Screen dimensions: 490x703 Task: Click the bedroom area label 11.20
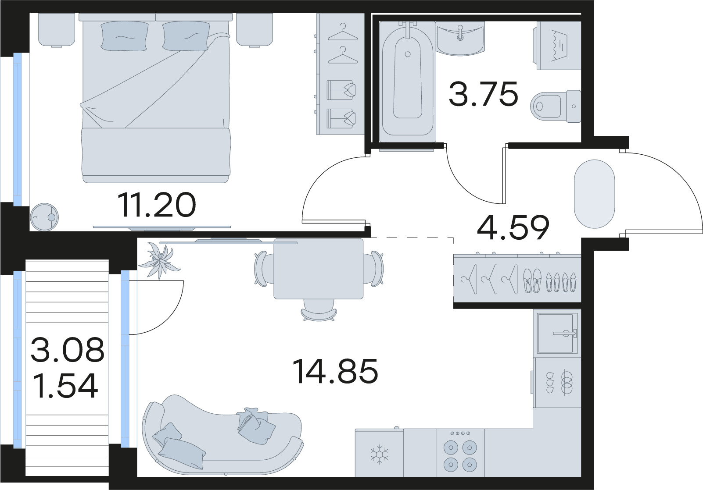157,206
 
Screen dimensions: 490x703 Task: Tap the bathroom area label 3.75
483,94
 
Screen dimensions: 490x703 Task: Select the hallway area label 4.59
513,227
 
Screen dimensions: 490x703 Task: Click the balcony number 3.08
68,349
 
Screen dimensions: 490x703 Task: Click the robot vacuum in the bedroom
44,216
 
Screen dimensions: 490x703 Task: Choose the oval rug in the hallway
594,194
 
